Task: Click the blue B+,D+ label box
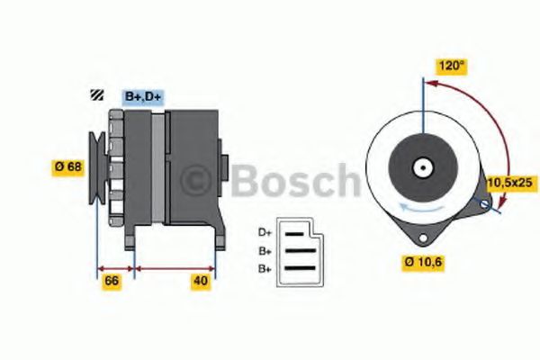(143, 96)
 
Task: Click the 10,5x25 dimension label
(510, 182)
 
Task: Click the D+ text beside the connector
(265, 232)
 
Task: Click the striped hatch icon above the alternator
(93, 96)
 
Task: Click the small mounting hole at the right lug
(487, 207)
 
